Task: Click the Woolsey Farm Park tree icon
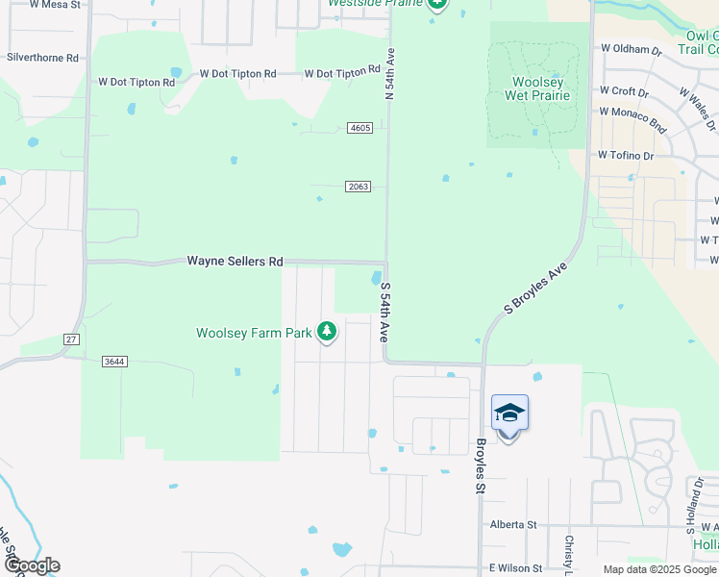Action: [x=327, y=332]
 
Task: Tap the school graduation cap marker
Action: [x=509, y=414]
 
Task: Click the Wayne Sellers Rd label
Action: [x=236, y=261]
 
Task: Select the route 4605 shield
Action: [x=360, y=128]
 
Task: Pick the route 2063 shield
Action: [x=358, y=187]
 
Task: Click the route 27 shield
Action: [x=71, y=339]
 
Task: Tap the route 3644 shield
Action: [x=114, y=362]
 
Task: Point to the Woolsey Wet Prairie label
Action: [x=538, y=88]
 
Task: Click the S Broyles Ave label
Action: [x=535, y=287]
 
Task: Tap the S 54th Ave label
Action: [x=384, y=313]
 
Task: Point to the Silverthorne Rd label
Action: [x=42, y=58]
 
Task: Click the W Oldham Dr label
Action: [x=631, y=48]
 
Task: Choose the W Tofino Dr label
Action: [x=625, y=155]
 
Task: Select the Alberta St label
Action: [x=512, y=525]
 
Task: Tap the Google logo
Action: [x=31, y=565]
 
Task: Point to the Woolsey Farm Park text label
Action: [x=255, y=333]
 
